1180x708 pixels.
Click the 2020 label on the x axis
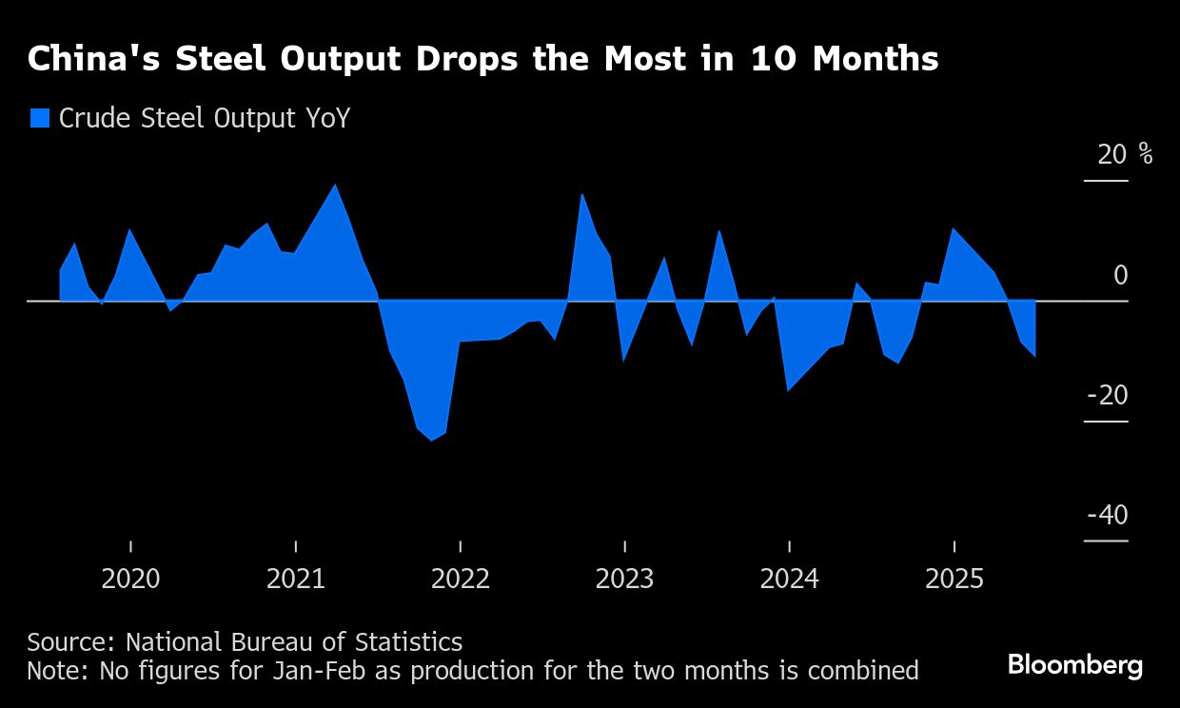click(131, 579)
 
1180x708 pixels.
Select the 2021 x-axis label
click(296, 579)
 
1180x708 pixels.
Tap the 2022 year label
click(461, 579)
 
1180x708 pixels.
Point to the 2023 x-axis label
click(625, 579)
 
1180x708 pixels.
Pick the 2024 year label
click(790, 579)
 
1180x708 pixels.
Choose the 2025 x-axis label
click(954, 579)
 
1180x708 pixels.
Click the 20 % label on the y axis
click(1124, 154)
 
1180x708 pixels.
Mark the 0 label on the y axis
click(1120, 275)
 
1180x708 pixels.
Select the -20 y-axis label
click(1107, 395)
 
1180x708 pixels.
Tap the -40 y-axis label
click(1107, 515)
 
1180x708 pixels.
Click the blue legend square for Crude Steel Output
click(39, 118)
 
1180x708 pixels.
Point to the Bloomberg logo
click(1075, 664)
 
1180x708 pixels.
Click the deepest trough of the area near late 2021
click(431, 440)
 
